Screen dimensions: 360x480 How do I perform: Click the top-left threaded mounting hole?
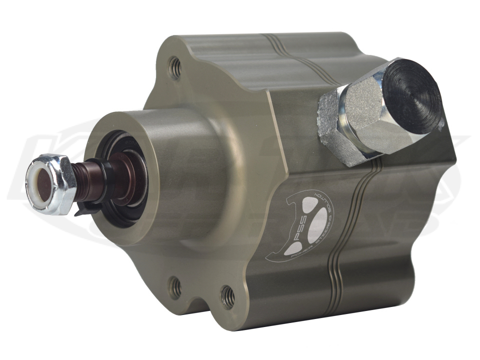(174, 67)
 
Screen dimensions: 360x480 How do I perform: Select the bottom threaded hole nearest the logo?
(227, 296)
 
